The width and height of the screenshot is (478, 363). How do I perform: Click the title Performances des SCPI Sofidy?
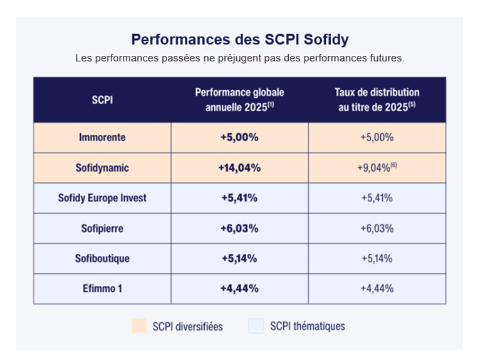240,40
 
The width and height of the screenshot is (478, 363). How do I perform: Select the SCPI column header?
103,100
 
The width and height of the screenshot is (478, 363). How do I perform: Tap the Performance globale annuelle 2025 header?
239,100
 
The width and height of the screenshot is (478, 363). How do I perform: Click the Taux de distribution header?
377,100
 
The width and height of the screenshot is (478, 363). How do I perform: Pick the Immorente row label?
103,137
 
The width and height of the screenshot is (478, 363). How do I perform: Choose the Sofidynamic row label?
103,168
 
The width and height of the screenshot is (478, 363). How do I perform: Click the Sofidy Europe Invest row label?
103,198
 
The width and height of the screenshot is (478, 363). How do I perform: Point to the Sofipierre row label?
103,228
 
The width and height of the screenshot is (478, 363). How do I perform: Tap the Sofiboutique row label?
103,259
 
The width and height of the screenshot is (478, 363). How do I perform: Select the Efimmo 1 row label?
103,288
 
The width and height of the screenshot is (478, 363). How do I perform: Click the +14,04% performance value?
239,168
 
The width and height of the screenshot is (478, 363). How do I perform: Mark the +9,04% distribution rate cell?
377,167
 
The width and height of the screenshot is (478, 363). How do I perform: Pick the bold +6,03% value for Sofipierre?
239,228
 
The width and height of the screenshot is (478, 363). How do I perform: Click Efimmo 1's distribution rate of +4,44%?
377,288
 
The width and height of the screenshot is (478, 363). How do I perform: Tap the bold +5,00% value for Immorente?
239,137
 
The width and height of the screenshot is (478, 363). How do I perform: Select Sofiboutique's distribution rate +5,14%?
377,259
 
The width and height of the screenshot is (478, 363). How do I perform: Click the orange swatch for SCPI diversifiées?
139,326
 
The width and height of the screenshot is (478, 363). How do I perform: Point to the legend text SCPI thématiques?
308,326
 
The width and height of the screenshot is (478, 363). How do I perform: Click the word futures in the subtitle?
387,58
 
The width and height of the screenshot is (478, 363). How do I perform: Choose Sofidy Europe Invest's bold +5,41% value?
239,198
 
